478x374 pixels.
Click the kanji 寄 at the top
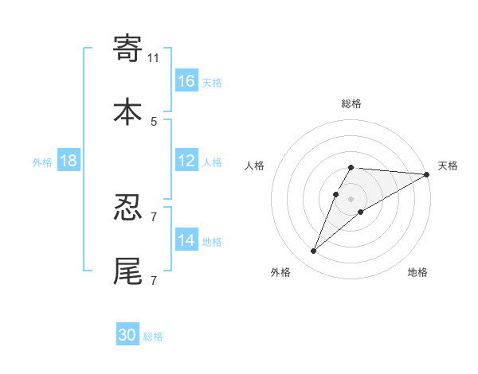[128, 49]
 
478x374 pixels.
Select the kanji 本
[128, 111]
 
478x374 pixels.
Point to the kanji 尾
[128, 271]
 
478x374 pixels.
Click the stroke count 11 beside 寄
[154, 57]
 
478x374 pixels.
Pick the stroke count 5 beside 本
[154, 121]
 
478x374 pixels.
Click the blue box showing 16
[186, 80]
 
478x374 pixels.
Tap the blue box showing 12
[186, 161]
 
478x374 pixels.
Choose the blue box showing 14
[186, 240]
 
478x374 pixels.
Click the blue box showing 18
[69, 161]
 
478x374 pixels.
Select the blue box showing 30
[127, 335]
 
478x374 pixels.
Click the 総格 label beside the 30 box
[153, 337]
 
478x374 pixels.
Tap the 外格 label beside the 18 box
[42, 162]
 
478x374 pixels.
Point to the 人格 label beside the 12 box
[212, 162]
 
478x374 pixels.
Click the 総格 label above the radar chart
[351, 104]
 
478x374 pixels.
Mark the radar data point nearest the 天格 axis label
[428, 175]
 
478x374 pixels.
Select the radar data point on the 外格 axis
[314, 251]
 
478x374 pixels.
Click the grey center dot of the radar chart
[351, 199]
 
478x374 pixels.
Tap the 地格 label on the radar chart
[417, 273]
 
